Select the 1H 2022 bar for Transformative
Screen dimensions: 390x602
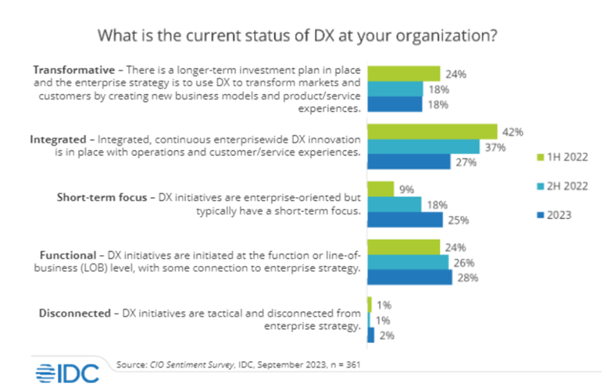[x=404, y=74]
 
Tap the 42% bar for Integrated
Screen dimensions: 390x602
[x=432, y=132]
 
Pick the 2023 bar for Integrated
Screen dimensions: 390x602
[x=409, y=162]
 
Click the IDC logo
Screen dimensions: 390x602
[x=67, y=373]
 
